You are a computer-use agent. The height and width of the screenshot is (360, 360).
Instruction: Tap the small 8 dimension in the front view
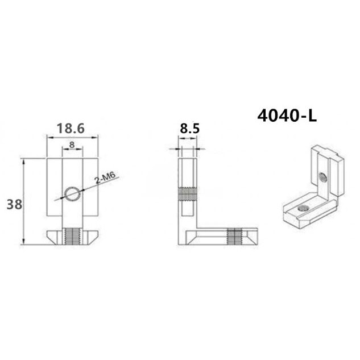pyautogui.click(x=72, y=145)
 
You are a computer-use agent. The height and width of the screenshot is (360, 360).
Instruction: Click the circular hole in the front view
pyautogui.click(x=72, y=195)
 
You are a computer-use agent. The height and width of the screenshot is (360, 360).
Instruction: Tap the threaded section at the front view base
pyautogui.click(x=72, y=235)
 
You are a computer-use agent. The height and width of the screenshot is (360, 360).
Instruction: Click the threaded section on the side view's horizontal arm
pyautogui.click(x=234, y=235)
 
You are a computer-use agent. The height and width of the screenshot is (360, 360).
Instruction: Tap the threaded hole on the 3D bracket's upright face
pyautogui.click(x=322, y=177)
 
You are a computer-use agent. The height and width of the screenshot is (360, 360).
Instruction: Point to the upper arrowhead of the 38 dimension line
pyautogui.click(x=23, y=162)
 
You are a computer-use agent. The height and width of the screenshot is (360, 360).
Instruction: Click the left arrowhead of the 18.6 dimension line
pyautogui.click(x=48, y=136)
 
